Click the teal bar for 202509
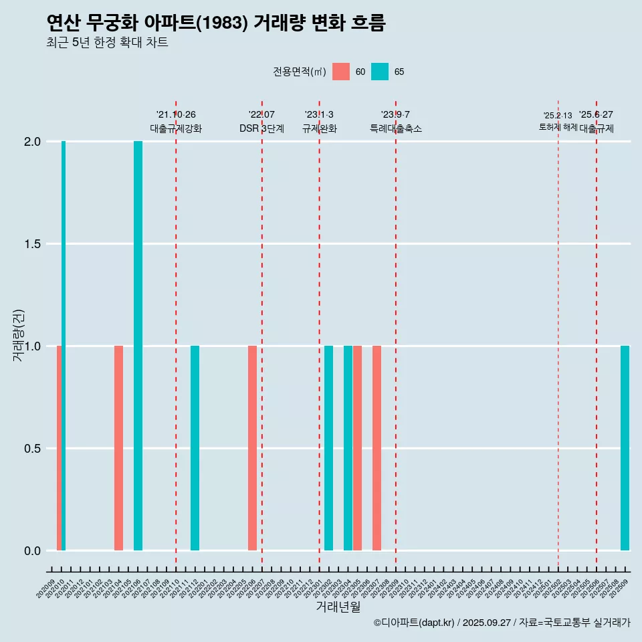tap(625, 448)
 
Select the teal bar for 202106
tap(138, 346)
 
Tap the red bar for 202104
tap(118, 448)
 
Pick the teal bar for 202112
tap(195, 448)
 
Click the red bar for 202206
tap(252, 448)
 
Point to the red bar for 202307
tap(377, 448)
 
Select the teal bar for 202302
tap(328, 448)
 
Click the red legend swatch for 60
tap(341, 72)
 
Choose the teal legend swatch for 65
tap(380, 72)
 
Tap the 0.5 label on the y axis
tap(33, 448)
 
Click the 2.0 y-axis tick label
tap(33, 142)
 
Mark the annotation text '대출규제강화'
tap(176, 128)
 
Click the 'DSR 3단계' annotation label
tap(261, 128)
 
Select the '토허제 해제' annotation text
tap(558, 127)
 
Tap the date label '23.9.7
tap(395, 114)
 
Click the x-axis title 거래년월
tap(338, 607)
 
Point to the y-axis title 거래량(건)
tap(19, 335)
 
